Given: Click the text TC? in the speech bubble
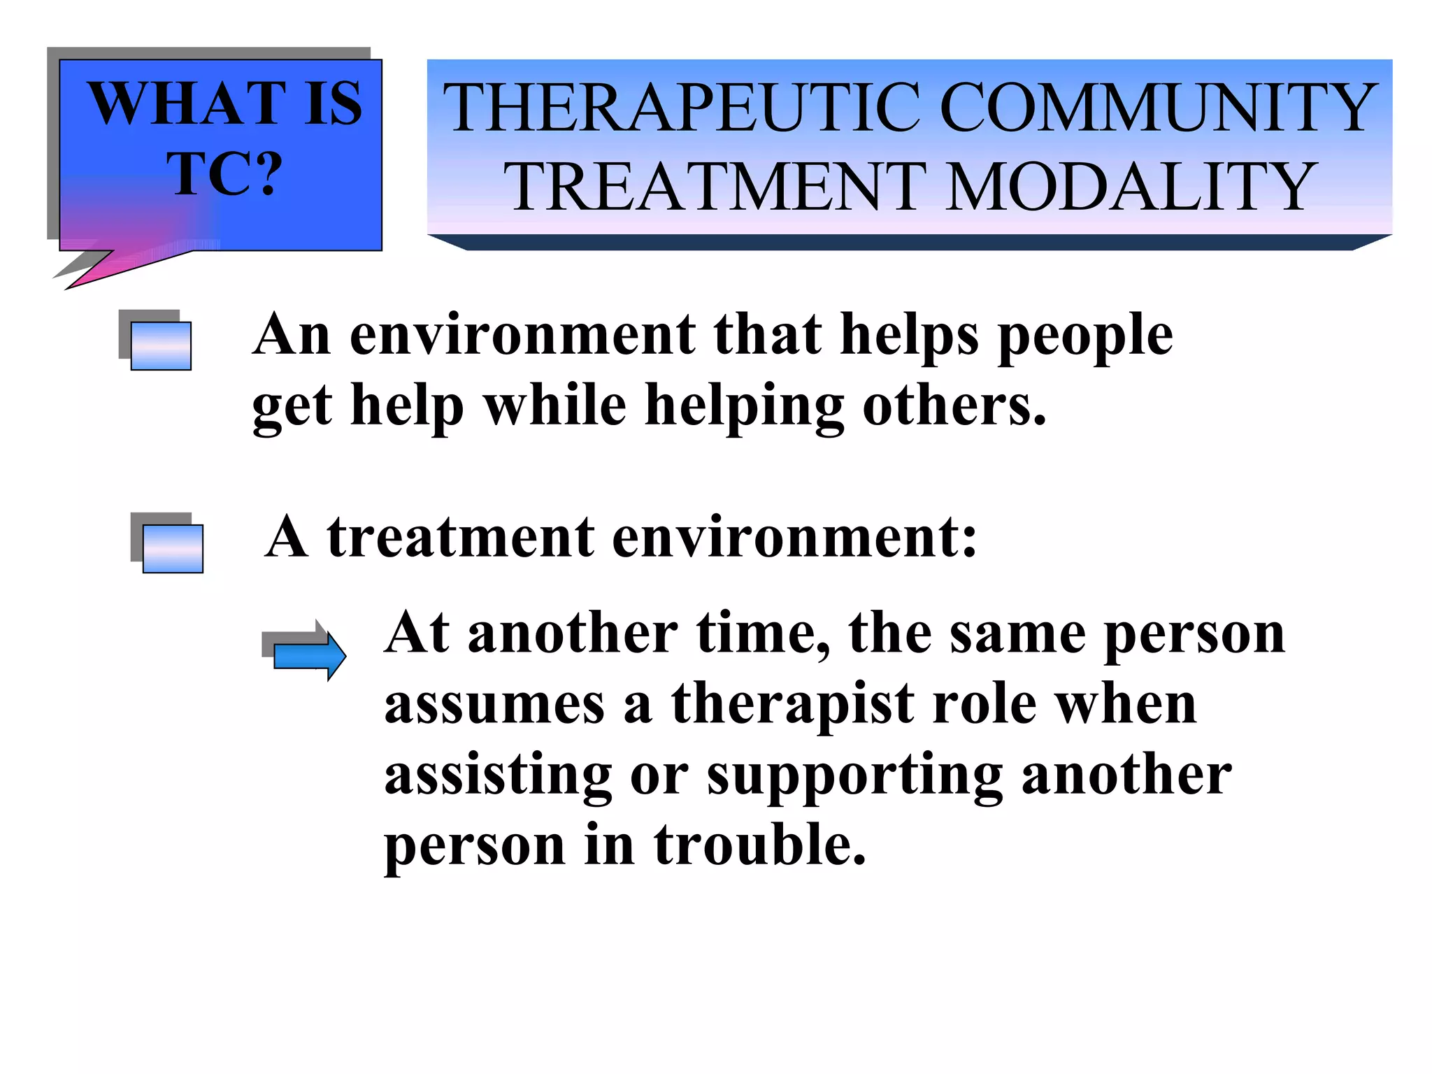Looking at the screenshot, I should pos(224,173).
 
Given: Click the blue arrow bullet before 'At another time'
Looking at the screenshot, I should pos(306,653).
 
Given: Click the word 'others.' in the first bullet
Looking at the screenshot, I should pos(954,406).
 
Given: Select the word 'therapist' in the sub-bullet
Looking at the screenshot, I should pos(792,704).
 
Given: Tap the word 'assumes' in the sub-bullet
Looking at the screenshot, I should pos(494,706).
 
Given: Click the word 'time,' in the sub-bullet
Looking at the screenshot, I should pos(763,633).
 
